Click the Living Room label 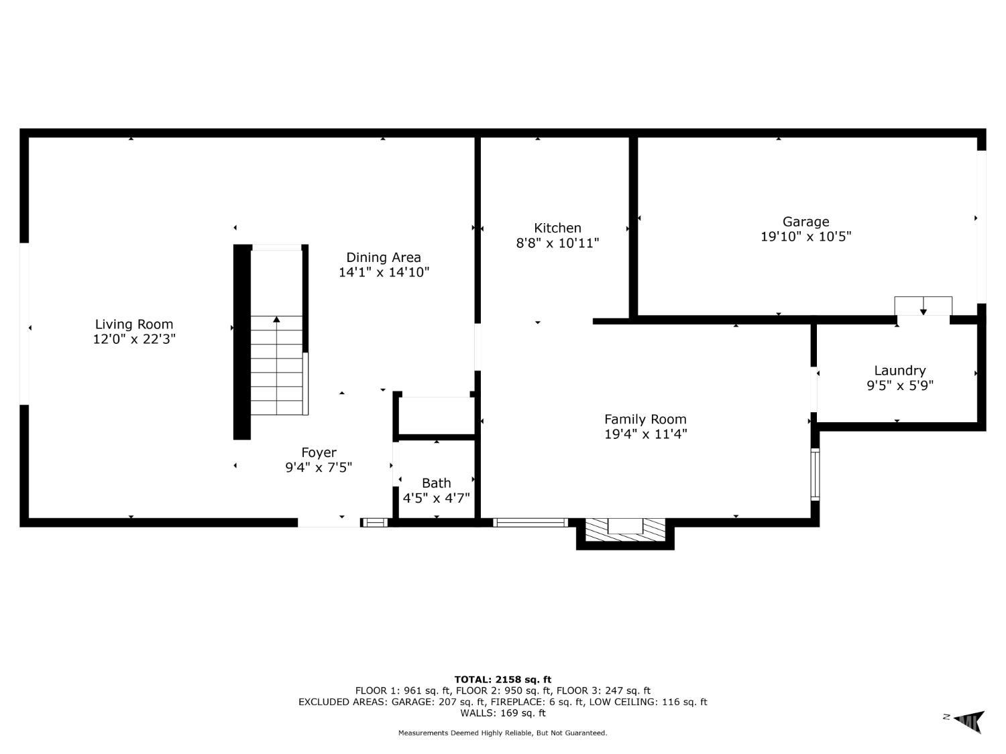tap(134, 324)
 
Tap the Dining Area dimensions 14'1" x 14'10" tap(384, 272)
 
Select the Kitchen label tap(557, 228)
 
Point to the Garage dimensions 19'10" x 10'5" tap(805, 237)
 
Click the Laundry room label tap(899, 371)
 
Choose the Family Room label tap(645, 420)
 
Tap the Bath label tap(437, 483)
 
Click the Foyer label tap(319, 453)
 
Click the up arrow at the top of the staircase tap(276, 319)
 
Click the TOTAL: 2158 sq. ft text tap(503, 680)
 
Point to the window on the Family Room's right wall tap(815, 475)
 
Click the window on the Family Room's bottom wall tap(530, 523)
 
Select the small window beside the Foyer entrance tap(374, 523)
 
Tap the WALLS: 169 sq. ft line tap(503, 713)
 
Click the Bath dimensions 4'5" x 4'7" tap(437, 497)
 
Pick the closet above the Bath tap(436, 416)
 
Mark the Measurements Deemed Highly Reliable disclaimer tap(502, 733)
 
